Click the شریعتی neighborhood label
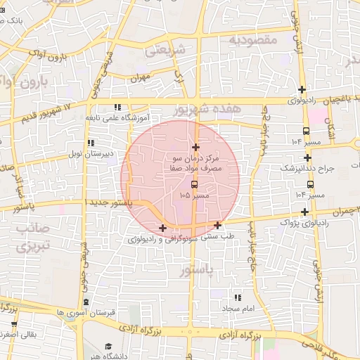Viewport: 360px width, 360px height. click(167, 51)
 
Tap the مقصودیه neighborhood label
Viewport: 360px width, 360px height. click(254, 40)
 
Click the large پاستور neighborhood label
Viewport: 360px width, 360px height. click(195, 270)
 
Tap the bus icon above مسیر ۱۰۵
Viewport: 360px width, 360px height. click(195, 184)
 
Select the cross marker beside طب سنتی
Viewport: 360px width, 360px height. click(218, 225)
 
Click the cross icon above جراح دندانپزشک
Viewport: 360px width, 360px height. click(307, 157)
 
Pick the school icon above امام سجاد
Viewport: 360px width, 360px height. click(236, 298)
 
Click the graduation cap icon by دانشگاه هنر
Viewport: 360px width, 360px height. click(108, 346)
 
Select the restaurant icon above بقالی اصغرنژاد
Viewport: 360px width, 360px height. click(13, 324)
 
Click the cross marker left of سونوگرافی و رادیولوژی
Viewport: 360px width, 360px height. click(162, 227)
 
